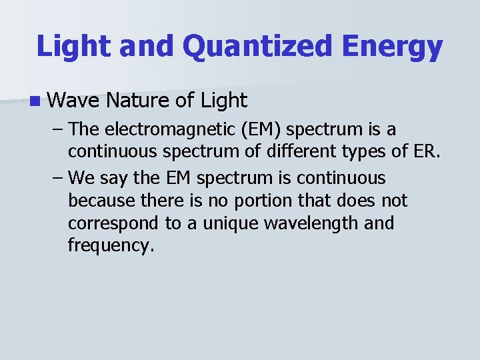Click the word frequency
(x=111, y=246)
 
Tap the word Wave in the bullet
(x=73, y=101)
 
